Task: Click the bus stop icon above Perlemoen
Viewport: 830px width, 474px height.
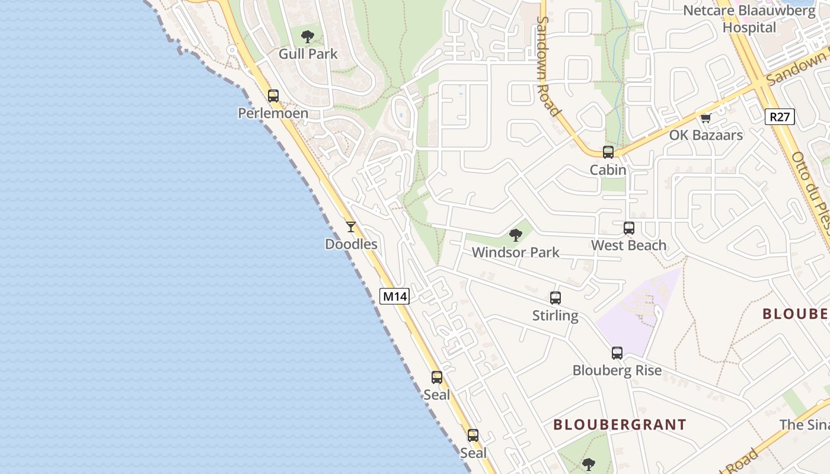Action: [x=273, y=95]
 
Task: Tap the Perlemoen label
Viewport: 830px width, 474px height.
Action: [x=273, y=113]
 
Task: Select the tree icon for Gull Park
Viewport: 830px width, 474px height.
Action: [x=308, y=37]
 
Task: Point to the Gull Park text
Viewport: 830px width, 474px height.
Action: [x=308, y=54]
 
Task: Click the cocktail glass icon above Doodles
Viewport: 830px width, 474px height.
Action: [x=351, y=226]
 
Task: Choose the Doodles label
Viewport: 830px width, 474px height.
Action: [x=351, y=244]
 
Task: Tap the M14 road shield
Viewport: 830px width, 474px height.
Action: [x=394, y=296]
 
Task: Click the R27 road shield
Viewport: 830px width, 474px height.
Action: [x=780, y=117]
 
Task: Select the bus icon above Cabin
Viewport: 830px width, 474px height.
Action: [x=608, y=152]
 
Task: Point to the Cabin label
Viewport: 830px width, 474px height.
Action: [x=608, y=170]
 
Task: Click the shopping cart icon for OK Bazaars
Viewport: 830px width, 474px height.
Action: [x=705, y=118]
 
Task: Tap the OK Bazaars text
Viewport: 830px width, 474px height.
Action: [x=705, y=135]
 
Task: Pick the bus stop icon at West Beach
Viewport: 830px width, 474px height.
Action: [x=628, y=228]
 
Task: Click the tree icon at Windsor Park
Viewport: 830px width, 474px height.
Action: [x=516, y=235]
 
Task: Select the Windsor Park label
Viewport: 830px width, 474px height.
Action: [x=515, y=252]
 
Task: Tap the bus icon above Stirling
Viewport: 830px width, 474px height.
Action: [x=555, y=298]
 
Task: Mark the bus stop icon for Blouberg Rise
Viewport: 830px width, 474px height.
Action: [x=617, y=353]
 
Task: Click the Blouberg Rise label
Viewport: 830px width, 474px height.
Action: [x=617, y=371]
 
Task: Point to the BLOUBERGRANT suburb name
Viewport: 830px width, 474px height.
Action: [x=620, y=425]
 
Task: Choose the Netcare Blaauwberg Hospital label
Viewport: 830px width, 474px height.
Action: [x=749, y=19]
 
